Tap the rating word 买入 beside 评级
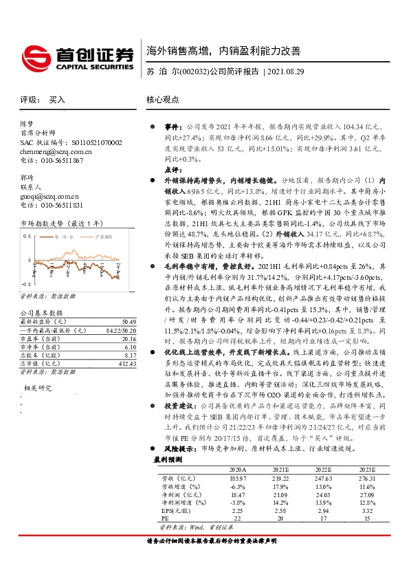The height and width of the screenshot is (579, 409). (57, 100)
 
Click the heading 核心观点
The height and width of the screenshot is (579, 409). (162, 100)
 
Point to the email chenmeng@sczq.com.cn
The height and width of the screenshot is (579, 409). (56, 151)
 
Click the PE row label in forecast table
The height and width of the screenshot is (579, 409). (164, 518)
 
